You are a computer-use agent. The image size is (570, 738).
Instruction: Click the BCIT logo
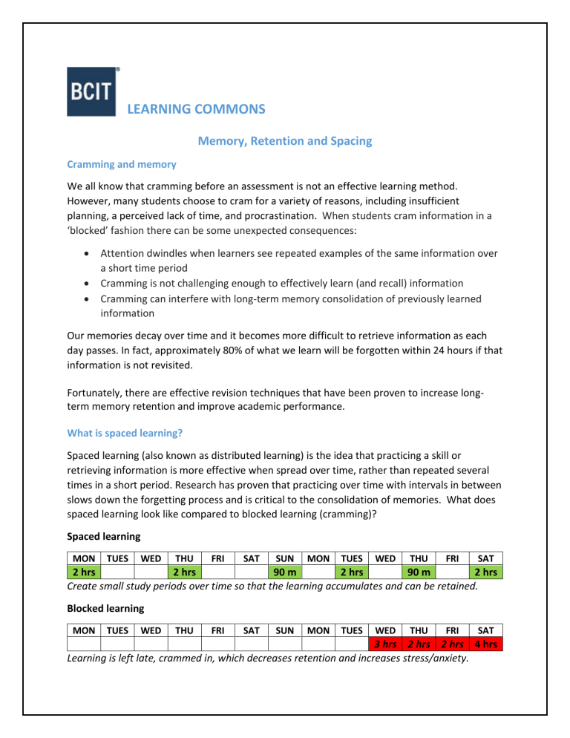click(x=91, y=91)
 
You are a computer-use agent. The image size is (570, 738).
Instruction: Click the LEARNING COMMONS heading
click(x=197, y=109)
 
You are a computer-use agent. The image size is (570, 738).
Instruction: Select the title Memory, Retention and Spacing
click(x=285, y=140)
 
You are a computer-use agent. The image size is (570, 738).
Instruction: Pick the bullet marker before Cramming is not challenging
click(x=82, y=283)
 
